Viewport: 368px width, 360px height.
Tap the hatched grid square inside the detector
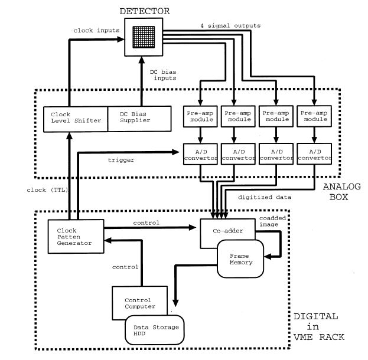click(x=142, y=37)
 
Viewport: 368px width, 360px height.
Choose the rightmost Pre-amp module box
click(x=313, y=116)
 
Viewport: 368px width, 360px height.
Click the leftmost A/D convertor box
click(x=201, y=155)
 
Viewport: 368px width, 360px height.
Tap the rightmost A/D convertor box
click(x=313, y=155)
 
